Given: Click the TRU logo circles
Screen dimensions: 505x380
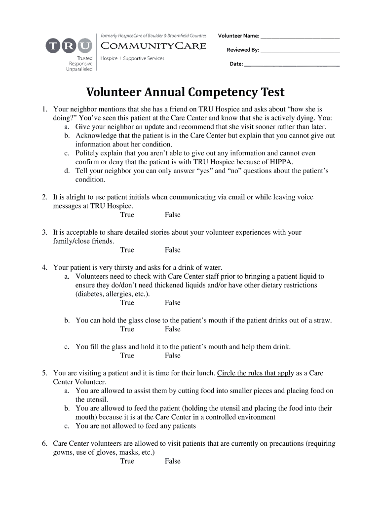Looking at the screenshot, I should tap(69, 46).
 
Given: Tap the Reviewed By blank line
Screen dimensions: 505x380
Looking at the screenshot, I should tap(300, 51).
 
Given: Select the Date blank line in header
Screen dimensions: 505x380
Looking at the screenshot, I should tap(292, 65).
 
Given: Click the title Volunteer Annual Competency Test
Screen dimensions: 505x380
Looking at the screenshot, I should tap(186, 92).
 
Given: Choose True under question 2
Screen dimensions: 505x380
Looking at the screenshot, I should tap(127, 215).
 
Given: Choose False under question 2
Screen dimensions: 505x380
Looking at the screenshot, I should tap(173, 215).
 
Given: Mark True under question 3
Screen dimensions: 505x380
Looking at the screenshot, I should tap(127, 250).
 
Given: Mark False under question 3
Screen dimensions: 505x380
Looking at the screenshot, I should tap(173, 250).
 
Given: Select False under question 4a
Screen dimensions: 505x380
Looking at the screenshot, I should tap(173, 303).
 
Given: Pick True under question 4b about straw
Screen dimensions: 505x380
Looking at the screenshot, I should tap(127, 329).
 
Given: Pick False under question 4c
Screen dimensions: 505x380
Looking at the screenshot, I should tap(173, 356).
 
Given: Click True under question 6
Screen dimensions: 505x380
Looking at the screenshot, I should tap(127, 461).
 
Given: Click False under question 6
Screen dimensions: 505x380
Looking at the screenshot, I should tap(173, 461).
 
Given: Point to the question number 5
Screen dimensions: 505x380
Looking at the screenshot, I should tap(44, 373).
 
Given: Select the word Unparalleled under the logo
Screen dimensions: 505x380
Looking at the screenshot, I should tap(79, 69).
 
